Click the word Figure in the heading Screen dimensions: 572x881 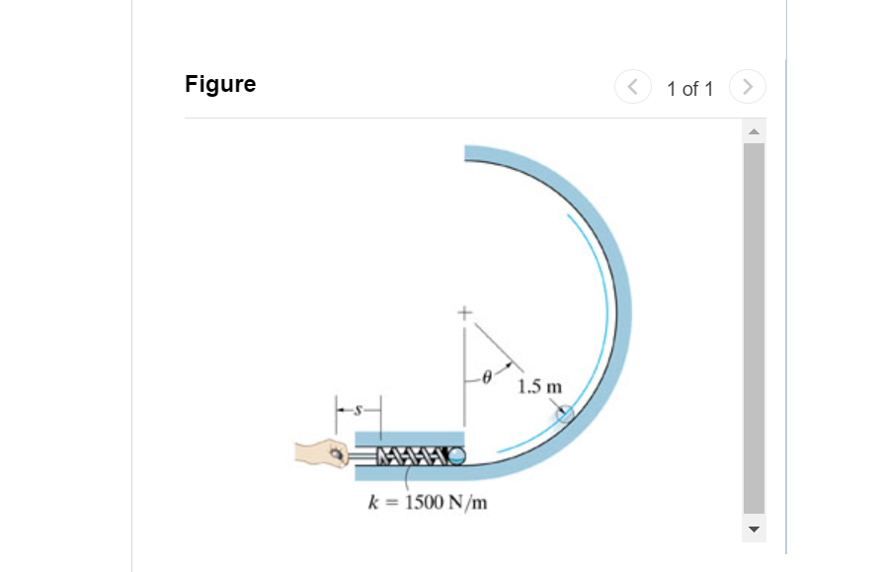tap(220, 84)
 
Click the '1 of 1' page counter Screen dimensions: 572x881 tap(689, 89)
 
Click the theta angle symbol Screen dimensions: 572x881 tap(486, 376)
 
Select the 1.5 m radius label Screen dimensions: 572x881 tap(538, 384)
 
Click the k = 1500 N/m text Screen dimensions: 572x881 tap(428, 502)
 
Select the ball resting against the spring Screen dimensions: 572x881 tap(456, 455)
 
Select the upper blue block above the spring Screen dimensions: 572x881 tap(409, 438)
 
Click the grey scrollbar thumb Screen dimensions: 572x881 tap(754, 326)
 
